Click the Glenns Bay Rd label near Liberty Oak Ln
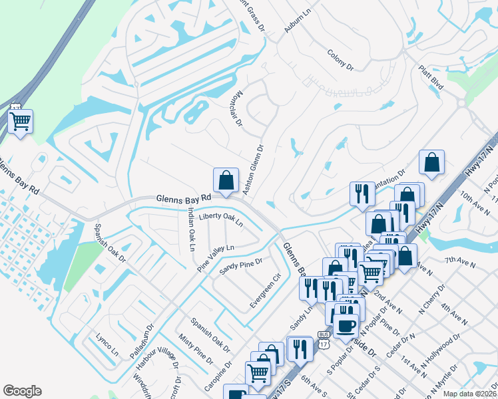[x=183, y=198]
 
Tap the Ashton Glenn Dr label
[x=254, y=170]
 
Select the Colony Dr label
[x=340, y=60]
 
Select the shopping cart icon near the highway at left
[x=21, y=122]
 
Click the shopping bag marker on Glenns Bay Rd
[x=226, y=180]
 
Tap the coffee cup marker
[x=345, y=326]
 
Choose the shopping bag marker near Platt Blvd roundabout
[x=432, y=162]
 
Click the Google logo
[x=22, y=391]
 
